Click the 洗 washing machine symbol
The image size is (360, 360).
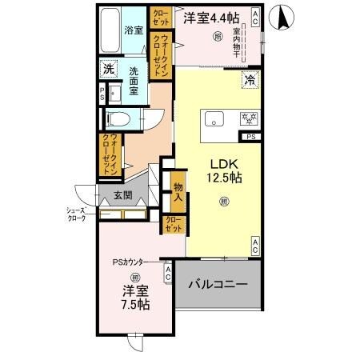coord(108,70)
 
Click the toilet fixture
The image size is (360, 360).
coord(118,119)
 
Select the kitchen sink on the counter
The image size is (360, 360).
coord(214,119)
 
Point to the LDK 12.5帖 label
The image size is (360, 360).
coord(223,167)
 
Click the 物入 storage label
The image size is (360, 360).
coord(178,192)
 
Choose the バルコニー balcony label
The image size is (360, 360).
coord(218,284)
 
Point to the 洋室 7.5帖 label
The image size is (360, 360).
coord(134,298)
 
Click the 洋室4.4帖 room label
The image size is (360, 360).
coord(210,17)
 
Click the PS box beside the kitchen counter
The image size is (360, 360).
coord(252,138)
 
